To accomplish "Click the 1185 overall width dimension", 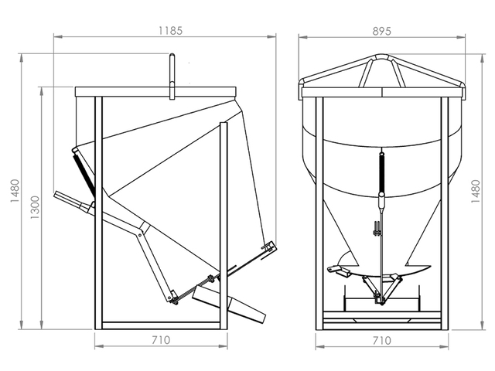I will [x=171, y=31].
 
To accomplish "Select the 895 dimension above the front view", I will [x=381, y=31].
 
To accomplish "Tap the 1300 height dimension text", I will [x=35, y=206].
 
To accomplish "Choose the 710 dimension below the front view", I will [x=381, y=340].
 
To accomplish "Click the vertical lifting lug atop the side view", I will [x=172, y=74].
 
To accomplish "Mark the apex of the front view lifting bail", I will [x=381, y=56].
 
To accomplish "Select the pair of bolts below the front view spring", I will [x=377, y=229].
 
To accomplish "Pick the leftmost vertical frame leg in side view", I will [x=98, y=209].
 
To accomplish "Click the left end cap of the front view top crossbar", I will [x=302, y=92].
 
